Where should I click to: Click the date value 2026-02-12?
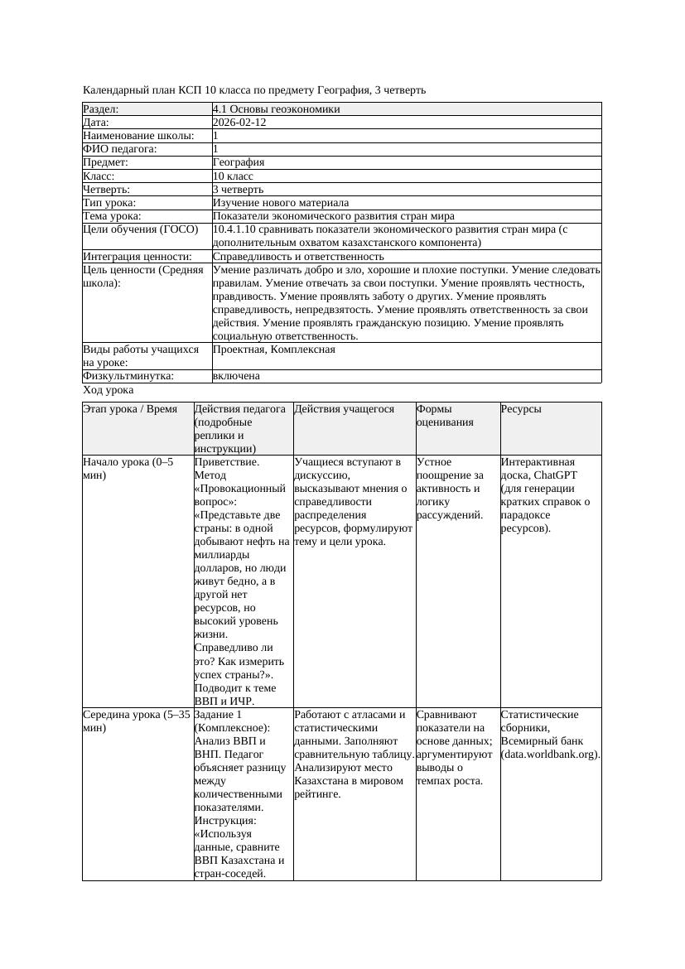pyautogui.click(x=239, y=123)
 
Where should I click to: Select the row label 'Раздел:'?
pyautogui.click(x=101, y=109)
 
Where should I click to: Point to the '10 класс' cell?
pyautogui.click(x=233, y=176)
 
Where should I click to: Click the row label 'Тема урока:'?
pyautogui.click(x=112, y=216)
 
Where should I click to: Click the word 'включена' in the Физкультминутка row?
pyautogui.click(x=236, y=376)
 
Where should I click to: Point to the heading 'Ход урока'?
pyautogui.click(x=109, y=390)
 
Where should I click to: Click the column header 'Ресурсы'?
pyautogui.click(x=522, y=409)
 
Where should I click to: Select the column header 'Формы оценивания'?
pyautogui.click(x=445, y=416)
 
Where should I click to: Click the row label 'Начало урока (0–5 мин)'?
pyautogui.click(x=128, y=469)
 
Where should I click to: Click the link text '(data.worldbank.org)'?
pyautogui.click(x=550, y=754)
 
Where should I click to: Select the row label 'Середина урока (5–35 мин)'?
pyautogui.click(x=137, y=721)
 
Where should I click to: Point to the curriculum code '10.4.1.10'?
pyautogui.click(x=235, y=229)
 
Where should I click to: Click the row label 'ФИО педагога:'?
pyautogui.click(x=120, y=149)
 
